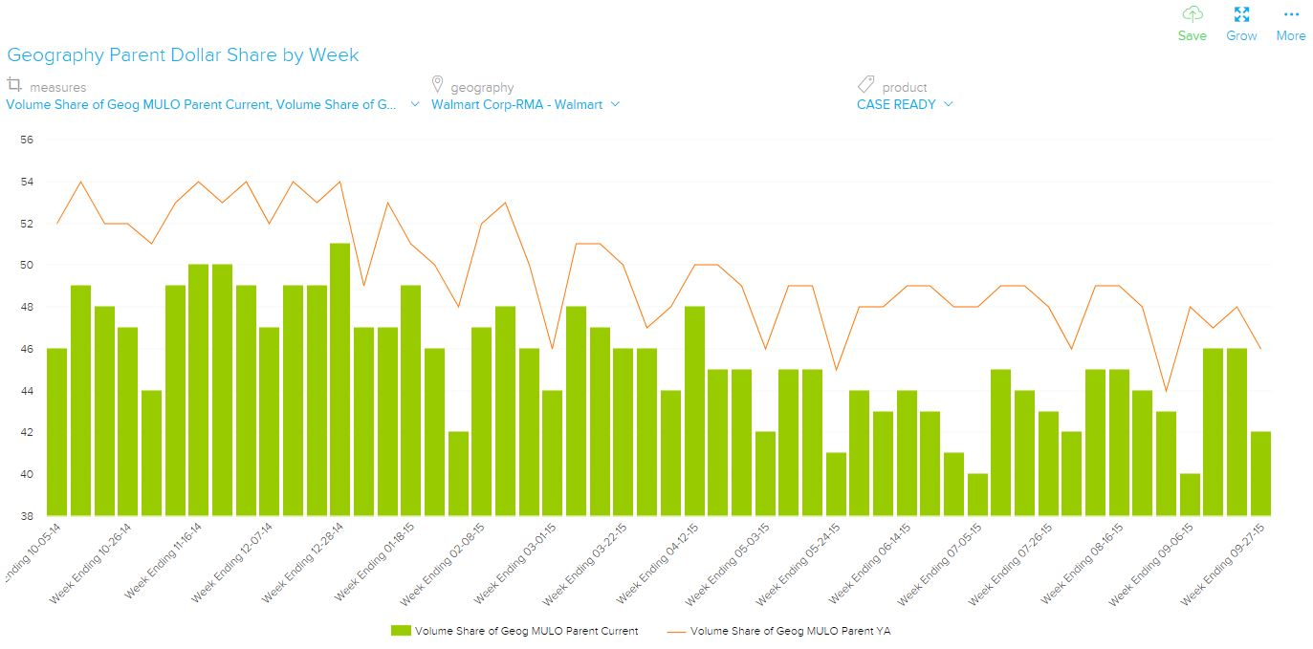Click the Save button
[x=1192, y=23]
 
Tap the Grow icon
[x=1241, y=23]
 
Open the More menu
[x=1290, y=23]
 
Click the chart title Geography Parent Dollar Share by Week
[x=183, y=55]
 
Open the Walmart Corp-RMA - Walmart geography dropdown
[x=525, y=104]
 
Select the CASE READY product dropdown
[x=904, y=104]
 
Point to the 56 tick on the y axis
[x=27, y=140]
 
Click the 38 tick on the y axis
[x=27, y=516]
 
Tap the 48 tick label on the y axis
[x=27, y=307]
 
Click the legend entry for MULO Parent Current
[x=516, y=631]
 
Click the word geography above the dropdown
[x=482, y=88]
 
